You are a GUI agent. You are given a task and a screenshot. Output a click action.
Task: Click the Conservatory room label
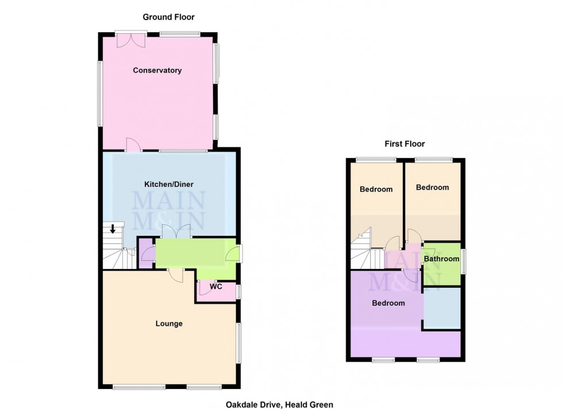[157, 71]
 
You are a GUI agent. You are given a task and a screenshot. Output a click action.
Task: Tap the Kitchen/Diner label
[169, 184]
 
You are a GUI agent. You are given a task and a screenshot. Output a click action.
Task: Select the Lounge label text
[169, 323]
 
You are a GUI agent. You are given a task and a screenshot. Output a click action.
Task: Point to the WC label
[216, 287]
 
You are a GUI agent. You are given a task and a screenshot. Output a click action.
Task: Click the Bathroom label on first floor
[442, 259]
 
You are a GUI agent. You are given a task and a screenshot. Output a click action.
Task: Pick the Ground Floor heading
[169, 17]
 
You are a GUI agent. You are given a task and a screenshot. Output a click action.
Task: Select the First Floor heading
[405, 144]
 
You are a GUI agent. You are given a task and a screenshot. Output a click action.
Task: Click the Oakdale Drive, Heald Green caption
[279, 404]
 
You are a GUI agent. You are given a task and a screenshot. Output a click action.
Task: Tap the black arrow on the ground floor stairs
[113, 229]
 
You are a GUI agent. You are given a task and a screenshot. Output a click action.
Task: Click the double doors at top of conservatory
[130, 40]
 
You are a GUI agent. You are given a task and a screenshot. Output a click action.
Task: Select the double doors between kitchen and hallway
[176, 231]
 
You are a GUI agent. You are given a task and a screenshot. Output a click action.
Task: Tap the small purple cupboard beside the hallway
[146, 253]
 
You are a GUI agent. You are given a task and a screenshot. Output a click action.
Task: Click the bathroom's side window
[464, 258]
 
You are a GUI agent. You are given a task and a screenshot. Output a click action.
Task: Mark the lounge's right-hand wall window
[239, 342]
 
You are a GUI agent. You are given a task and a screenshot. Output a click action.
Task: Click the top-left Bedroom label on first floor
[376, 190]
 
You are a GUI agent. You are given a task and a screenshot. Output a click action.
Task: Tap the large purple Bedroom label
[388, 303]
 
